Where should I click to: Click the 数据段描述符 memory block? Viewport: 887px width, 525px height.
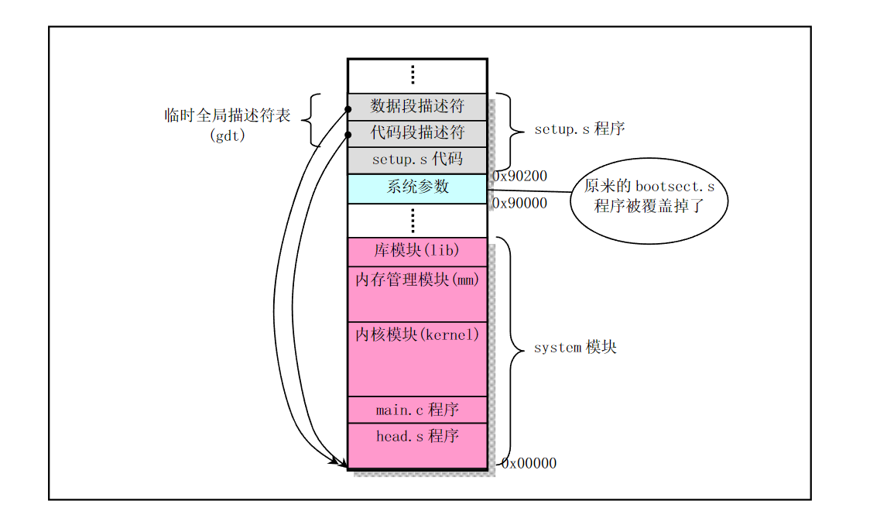click(x=417, y=107)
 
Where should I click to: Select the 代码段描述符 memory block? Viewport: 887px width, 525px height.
click(x=417, y=133)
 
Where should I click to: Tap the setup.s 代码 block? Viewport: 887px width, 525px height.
click(x=417, y=160)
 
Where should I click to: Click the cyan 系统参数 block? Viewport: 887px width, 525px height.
click(x=417, y=189)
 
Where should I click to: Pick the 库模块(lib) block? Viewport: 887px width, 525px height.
click(x=417, y=252)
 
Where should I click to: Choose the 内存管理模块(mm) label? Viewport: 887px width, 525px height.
click(x=417, y=280)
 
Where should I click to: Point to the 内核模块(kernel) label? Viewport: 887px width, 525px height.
click(x=417, y=335)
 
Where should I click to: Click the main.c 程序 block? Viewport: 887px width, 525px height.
click(x=417, y=410)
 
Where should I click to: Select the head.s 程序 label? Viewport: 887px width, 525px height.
click(x=417, y=436)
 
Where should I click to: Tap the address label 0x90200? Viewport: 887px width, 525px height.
click(x=520, y=177)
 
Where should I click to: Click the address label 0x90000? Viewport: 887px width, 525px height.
click(x=520, y=204)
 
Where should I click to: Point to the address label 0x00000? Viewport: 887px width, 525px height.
click(x=529, y=463)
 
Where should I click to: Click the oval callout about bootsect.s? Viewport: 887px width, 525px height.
click(x=649, y=201)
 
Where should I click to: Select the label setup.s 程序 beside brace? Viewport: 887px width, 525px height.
click(x=579, y=129)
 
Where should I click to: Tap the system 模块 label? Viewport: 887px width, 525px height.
click(x=575, y=347)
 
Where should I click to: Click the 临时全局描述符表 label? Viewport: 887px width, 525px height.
click(x=228, y=115)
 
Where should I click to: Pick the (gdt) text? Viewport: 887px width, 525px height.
click(x=228, y=136)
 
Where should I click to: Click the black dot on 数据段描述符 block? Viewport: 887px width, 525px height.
click(x=348, y=108)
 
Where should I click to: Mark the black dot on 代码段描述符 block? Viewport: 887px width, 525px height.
click(x=348, y=135)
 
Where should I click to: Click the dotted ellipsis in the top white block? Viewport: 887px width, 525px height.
click(x=413, y=74)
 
